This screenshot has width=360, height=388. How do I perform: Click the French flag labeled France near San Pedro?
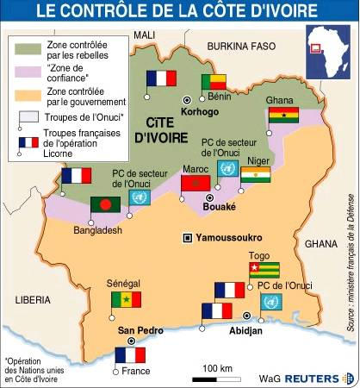point(130,354)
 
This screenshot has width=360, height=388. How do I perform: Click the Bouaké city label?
point(218,207)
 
